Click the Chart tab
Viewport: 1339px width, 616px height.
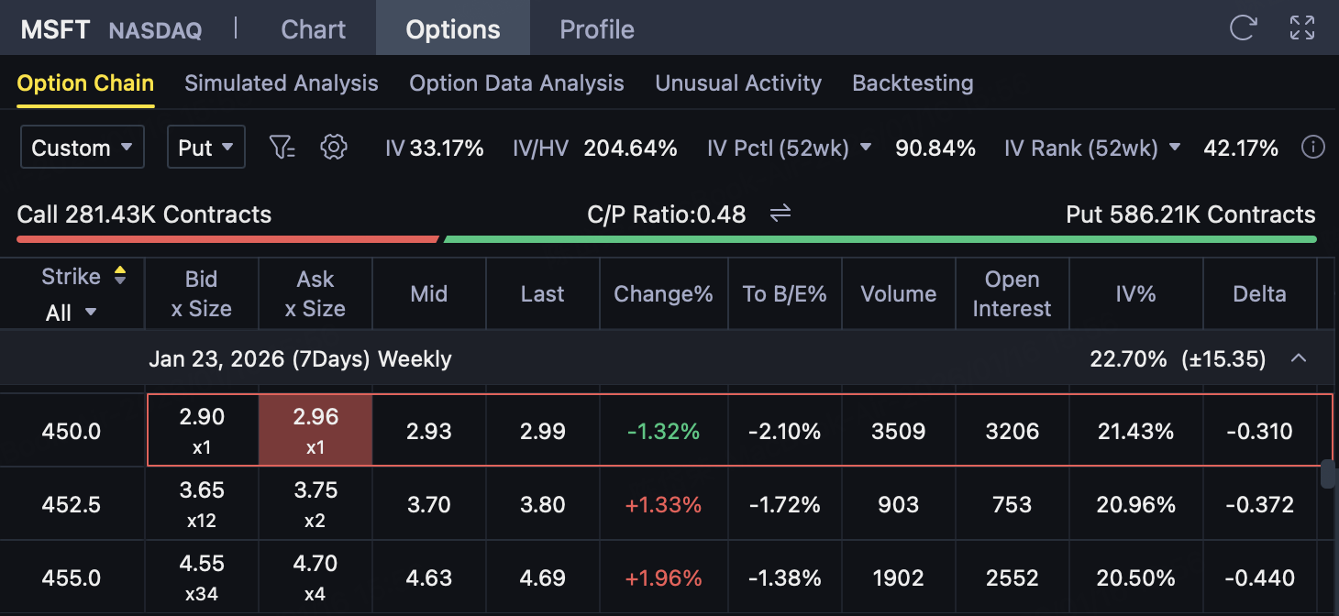(313, 29)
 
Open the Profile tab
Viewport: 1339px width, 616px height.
(597, 29)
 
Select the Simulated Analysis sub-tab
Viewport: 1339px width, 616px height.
(282, 83)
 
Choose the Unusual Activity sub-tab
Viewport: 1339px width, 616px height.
(738, 83)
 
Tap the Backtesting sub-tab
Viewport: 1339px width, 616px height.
(913, 83)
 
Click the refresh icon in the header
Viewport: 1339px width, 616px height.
(1243, 27)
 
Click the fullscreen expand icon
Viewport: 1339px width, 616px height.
(1302, 27)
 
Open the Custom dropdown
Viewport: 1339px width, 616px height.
(83, 148)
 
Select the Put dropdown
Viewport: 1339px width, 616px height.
(205, 148)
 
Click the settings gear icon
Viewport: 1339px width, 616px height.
(334, 147)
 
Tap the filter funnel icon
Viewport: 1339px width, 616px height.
(282, 147)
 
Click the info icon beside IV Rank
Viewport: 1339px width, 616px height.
(1313, 148)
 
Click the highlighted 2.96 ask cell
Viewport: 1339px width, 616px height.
(315, 430)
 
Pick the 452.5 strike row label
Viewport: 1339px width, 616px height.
(72, 505)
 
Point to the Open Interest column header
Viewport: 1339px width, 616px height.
(1012, 293)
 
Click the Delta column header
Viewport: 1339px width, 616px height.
(1259, 294)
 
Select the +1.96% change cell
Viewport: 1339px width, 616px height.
(663, 578)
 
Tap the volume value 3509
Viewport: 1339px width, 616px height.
(898, 431)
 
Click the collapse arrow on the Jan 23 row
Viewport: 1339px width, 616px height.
(1299, 358)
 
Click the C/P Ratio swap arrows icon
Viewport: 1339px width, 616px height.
(780, 214)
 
